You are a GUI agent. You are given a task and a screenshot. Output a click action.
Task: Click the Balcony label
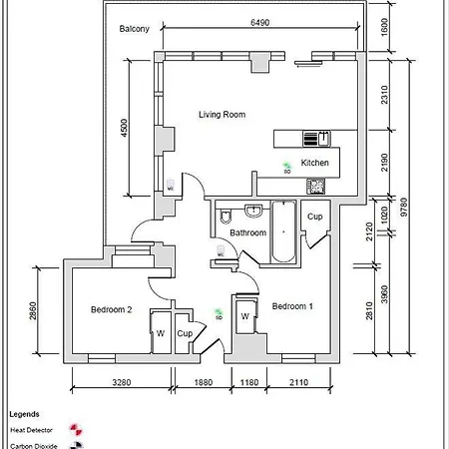click(x=134, y=29)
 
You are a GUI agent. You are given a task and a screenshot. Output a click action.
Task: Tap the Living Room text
click(x=222, y=115)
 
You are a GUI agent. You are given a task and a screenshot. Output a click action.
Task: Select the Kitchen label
click(x=314, y=162)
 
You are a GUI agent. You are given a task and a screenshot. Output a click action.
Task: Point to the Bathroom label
click(x=248, y=232)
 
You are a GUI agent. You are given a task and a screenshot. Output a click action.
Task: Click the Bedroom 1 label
click(x=292, y=306)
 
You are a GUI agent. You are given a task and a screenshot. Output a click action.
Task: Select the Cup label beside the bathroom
click(x=315, y=217)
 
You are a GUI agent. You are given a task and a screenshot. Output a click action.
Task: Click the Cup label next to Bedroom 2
click(x=185, y=334)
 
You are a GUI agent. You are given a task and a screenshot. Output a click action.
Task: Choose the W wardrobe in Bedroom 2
click(x=158, y=333)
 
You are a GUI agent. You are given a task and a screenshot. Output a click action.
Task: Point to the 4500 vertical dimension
click(x=125, y=128)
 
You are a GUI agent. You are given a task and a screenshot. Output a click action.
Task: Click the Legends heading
click(x=24, y=413)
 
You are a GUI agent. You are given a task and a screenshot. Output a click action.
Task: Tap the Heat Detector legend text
click(x=32, y=430)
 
